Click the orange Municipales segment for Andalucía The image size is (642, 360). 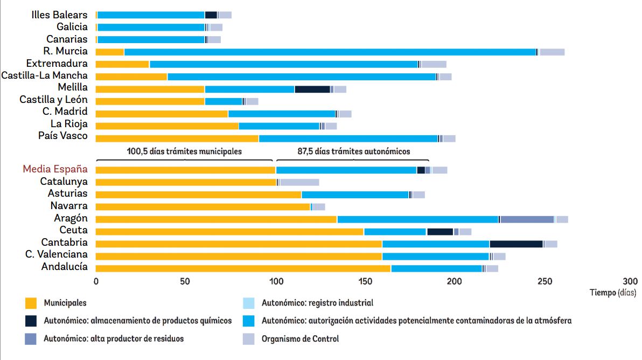[x=243, y=268]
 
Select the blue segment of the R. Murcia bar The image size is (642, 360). [x=330, y=52]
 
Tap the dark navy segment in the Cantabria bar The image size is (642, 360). [x=516, y=244]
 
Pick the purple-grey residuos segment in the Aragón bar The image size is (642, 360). [x=527, y=219]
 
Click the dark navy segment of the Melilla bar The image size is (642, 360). [x=312, y=89]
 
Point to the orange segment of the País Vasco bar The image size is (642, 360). [x=177, y=138]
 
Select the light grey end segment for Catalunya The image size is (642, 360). [x=299, y=182]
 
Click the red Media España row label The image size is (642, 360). [x=55, y=169]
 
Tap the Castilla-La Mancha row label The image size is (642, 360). [x=44, y=76]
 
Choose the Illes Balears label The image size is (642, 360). [x=59, y=15]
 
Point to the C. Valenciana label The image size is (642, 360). [x=56, y=255]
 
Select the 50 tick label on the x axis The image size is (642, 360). [x=185, y=281]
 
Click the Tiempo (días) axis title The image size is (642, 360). [x=613, y=293]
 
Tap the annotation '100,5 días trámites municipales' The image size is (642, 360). [x=184, y=151]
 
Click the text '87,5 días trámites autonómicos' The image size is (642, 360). [x=354, y=151]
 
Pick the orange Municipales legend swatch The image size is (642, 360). [x=31, y=303]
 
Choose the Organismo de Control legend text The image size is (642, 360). [x=300, y=339]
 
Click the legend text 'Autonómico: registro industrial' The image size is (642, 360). [x=317, y=303]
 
